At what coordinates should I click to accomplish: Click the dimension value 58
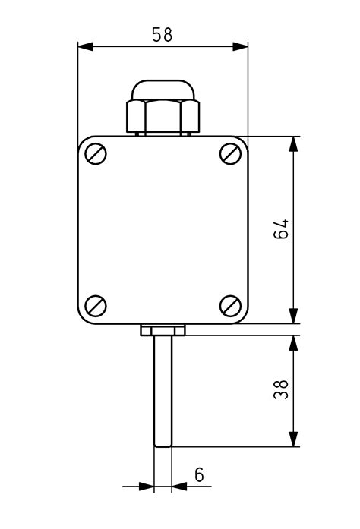162,35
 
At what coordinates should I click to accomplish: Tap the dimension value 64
281,230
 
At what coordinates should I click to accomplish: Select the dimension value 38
281,390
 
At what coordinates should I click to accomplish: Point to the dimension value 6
199,475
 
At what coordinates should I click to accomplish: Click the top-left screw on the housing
96,154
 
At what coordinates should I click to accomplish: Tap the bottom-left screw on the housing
96,306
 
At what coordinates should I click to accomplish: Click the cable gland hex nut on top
163,115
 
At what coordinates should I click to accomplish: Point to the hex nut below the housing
163,330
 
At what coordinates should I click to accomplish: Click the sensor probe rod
163,387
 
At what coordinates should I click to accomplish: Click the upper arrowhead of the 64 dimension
294,145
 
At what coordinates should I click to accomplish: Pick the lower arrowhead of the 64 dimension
294,316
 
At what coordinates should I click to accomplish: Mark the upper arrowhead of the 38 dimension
294,342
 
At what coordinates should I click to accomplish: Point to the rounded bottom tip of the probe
163,444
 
